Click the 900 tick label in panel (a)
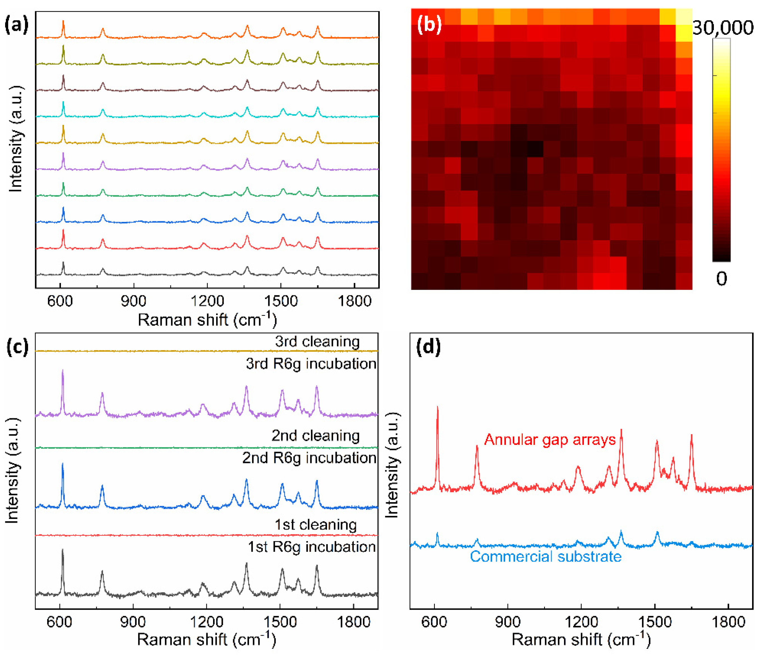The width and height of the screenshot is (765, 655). (133, 301)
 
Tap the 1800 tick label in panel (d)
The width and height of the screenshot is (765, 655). (728, 622)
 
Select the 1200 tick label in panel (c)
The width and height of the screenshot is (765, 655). (206, 622)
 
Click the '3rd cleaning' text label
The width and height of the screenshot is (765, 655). (317, 342)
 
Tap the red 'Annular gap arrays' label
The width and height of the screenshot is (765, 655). (550, 440)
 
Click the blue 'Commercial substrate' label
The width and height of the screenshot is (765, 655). (545, 557)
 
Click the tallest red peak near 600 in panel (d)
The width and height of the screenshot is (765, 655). (437, 408)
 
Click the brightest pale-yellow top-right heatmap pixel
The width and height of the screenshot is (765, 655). (684, 17)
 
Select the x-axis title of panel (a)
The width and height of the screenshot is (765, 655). (207, 320)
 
